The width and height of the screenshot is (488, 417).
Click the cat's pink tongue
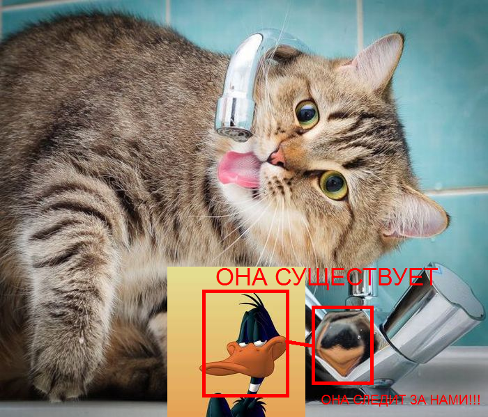pyautogui.click(x=239, y=169)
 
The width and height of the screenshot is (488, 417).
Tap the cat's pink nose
pyautogui.click(x=277, y=157)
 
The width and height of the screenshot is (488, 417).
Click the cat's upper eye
pyautogui.click(x=307, y=114)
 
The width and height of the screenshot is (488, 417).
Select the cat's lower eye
pyautogui.click(x=333, y=185)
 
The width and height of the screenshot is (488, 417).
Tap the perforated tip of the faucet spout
pyautogui.click(x=234, y=134)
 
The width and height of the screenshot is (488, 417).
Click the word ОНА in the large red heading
pyautogui.click(x=241, y=277)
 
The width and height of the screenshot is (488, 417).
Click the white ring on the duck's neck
pyautogui.click(x=254, y=387)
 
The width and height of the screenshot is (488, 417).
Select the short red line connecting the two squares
pyautogui.click(x=299, y=343)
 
